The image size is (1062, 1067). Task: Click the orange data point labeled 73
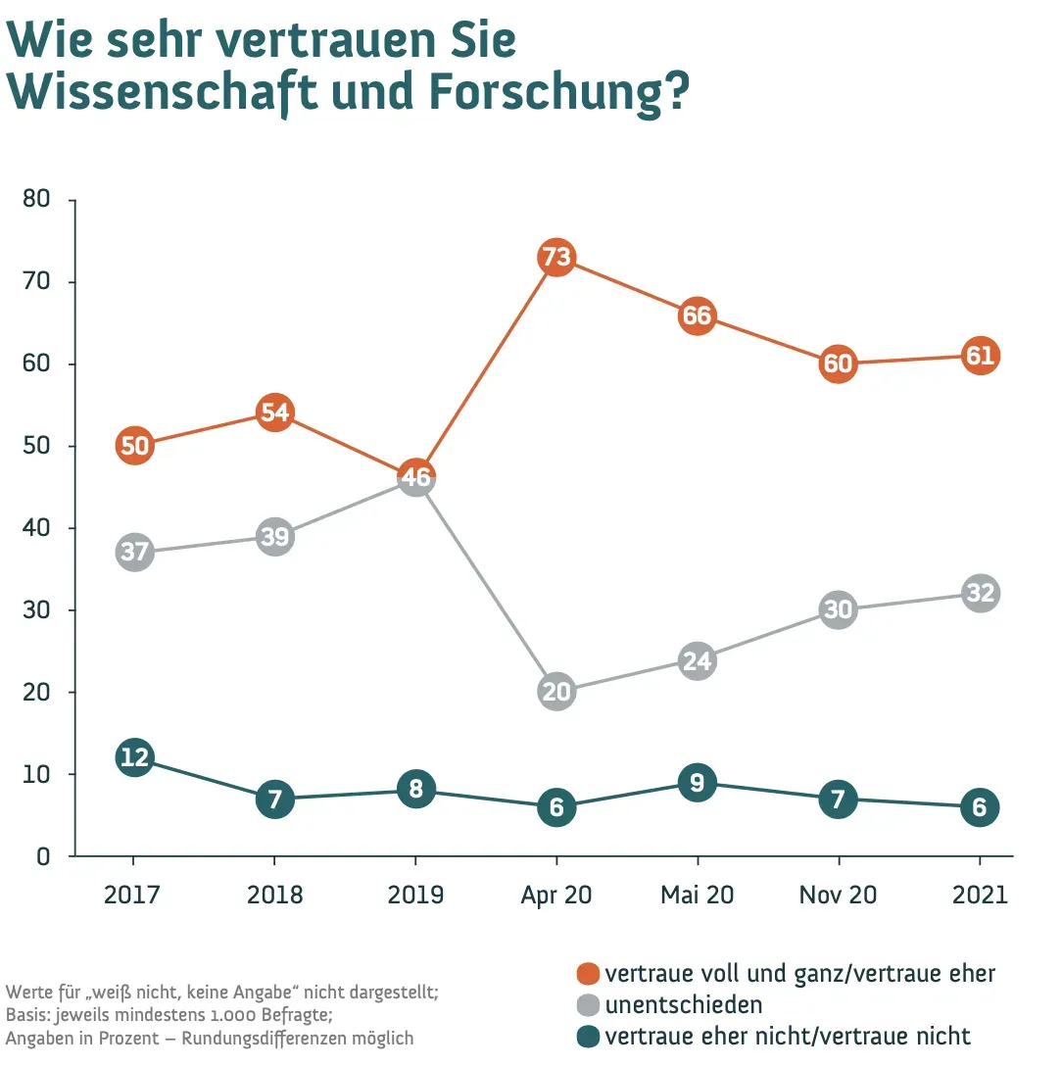tap(556, 258)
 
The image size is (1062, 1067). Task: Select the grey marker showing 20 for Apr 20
tap(556, 692)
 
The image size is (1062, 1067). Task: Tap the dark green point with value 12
tap(134, 757)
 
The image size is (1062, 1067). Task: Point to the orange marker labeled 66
tap(697, 315)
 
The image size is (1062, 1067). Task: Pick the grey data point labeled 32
tap(980, 593)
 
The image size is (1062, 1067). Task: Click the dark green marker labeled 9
tap(697, 782)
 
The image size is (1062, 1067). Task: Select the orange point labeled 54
tap(275, 412)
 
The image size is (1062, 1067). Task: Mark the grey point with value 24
tap(697, 660)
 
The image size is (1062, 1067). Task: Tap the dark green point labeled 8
tap(416, 790)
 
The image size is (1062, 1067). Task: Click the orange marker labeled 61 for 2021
tap(980, 356)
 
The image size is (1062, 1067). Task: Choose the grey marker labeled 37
tap(134, 552)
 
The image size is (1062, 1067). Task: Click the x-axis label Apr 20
tap(556, 896)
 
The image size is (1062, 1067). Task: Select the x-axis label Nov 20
tap(838, 896)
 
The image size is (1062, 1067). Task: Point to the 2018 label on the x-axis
tap(275, 896)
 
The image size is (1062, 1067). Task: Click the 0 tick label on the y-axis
tap(42, 856)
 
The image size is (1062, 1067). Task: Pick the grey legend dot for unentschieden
tap(588, 1005)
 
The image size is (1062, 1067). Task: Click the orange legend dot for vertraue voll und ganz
tap(588, 974)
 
